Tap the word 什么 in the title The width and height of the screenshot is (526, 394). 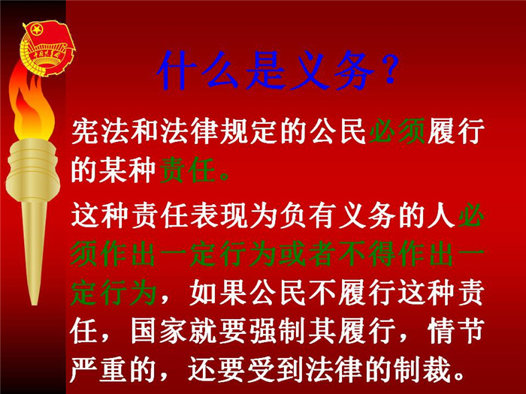198,71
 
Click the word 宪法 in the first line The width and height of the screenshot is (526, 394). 100,131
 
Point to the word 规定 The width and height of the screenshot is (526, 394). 248,131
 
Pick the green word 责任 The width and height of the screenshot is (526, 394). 188,170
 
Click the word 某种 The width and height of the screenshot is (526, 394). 128,170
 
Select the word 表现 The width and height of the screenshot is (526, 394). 219,215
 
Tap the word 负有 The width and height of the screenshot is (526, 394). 308,215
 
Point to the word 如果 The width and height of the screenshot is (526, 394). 219,292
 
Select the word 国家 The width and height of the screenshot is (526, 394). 159,330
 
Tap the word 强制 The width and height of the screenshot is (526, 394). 278,330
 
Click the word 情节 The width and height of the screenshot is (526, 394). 457,330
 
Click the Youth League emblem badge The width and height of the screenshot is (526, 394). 47,47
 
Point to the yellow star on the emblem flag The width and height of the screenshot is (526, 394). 36,30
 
